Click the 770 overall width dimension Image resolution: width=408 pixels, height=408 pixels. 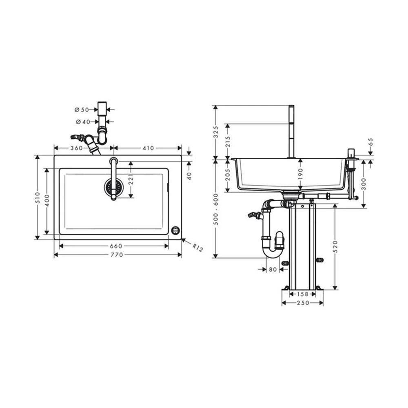(x=117, y=255)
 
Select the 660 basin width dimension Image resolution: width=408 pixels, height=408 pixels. (x=116, y=246)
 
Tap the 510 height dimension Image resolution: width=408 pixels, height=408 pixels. (x=38, y=197)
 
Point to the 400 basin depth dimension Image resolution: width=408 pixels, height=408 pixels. (x=47, y=200)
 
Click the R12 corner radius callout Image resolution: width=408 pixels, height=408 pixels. (x=197, y=247)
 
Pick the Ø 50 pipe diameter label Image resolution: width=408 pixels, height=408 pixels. (x=82, y=110)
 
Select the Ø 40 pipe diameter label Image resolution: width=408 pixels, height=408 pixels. (x=83, y=122)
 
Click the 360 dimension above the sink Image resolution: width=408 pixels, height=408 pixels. (x=77, y=148)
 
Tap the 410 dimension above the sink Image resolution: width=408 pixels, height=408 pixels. (x=149, y=148)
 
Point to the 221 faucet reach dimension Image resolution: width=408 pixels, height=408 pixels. (x=131, y=179)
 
